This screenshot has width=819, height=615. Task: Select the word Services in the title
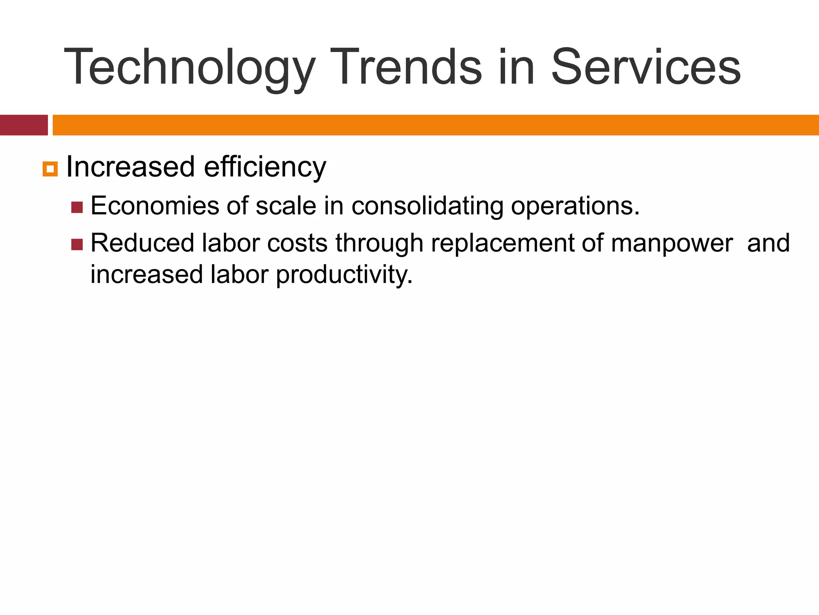tap(645, 67)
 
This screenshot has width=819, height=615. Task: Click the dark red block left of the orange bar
tap(24, 125)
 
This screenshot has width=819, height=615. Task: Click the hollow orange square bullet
tap(50, 169)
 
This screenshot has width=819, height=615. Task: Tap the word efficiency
tap(265, 167)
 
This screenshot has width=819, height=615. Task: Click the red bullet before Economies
tap(77, 207)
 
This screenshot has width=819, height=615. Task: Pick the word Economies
tap(154, 206)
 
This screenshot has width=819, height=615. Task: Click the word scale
tap(286, 206)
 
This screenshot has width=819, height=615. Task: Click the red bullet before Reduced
tap(77, 244)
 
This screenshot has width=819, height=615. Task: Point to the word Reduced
tap(142, 243)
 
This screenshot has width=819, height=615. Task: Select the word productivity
tap(344, 275)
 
